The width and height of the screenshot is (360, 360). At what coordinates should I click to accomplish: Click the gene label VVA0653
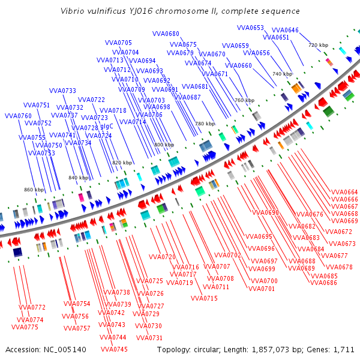(250, 28)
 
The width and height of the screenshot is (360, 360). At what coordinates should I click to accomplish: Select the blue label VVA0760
(18, 116)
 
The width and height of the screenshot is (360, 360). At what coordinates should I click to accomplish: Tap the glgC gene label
(107, 127)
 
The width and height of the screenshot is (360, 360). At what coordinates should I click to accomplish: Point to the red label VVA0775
(25, 327)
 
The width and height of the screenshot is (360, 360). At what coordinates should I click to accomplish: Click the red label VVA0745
(114, 349)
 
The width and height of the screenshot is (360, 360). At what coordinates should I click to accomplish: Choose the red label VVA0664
(344, 192)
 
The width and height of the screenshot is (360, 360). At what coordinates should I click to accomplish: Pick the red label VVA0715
(204, 298)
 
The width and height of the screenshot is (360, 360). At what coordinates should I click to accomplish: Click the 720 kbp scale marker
(318, 45)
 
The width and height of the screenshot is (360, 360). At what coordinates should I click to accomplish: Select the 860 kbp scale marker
(34, 190)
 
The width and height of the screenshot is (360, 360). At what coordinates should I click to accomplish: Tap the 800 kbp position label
(164, 145)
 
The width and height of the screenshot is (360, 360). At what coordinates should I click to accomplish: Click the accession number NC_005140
(66, 349)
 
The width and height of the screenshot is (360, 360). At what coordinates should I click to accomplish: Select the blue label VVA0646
(285, 30)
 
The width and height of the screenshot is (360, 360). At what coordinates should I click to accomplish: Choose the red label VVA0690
(266, 212)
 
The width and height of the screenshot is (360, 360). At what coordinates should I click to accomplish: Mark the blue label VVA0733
(62, 91)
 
